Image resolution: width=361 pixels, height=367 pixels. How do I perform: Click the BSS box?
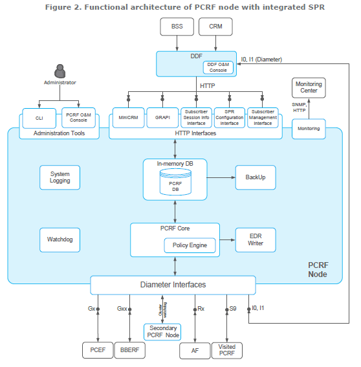click(x=177, y=27)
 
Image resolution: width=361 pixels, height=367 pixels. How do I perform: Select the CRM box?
click(x=215, y=27)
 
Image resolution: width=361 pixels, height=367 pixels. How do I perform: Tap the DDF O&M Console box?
click(x=218, y=67)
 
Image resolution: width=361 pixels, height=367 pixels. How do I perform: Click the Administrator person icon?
click(x=60, y=71)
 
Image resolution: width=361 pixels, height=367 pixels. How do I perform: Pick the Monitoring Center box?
click(x=309, y=87)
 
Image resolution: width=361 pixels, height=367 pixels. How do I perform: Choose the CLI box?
click(x=39, y=118)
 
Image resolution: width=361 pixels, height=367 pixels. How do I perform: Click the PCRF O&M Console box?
click(x=78, y=118)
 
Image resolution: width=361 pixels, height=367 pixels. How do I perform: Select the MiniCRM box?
click(x=128, y=118)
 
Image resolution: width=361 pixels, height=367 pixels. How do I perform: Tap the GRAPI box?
click(x=162, y=118)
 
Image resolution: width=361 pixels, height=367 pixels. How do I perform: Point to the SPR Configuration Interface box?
click(x=230, y=118)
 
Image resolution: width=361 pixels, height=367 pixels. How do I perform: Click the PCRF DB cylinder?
click(x=175, y=182)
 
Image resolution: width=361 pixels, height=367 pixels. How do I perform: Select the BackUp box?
click(x=256, y=177)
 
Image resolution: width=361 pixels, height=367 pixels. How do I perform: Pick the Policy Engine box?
click(x=190, y=245)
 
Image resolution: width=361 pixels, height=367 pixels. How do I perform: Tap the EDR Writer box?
click(x=256, y=240)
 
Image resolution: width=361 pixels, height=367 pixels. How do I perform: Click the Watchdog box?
click(x=60, y=240)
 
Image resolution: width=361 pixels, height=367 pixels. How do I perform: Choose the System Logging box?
click(x=60, y=177)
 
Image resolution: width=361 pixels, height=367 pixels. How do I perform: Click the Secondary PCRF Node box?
click(x=162, y=332)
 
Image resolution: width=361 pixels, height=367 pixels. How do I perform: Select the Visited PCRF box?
click(x=226, y=350)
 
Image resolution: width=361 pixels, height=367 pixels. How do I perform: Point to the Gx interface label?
click(x=91, y=309)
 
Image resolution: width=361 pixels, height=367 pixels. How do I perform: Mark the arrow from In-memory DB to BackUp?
click(x=221, y=177)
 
